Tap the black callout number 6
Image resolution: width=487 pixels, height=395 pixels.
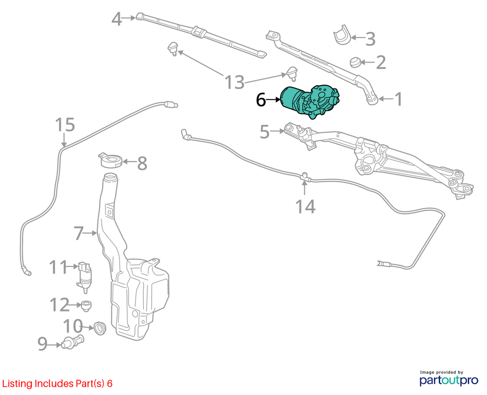pos(261,100)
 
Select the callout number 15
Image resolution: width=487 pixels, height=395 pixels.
pos(65,125)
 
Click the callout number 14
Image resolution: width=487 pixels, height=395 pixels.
pos(305,207)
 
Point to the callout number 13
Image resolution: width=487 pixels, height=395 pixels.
pos(234,82)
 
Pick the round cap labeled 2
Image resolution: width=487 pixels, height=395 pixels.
pos(354,62)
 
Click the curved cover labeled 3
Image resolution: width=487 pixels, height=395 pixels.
pos(341,34)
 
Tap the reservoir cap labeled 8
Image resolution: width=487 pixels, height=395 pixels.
pos(111,160)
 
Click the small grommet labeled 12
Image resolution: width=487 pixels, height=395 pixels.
pos(86,306)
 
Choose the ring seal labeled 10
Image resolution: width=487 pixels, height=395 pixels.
pos(100,328)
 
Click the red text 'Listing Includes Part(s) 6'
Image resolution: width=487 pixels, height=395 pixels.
pos(58,384)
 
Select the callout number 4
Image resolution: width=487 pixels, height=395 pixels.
pos(117,19)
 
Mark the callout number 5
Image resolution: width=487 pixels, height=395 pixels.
pos(264,132)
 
